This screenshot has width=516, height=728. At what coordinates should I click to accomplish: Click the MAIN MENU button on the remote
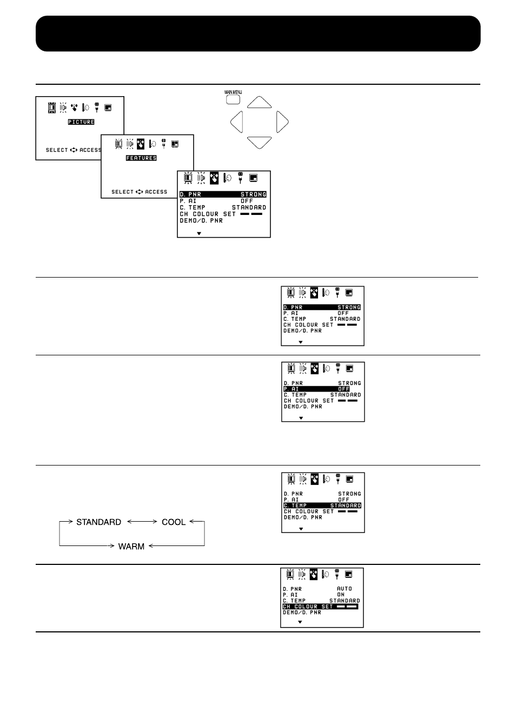233,99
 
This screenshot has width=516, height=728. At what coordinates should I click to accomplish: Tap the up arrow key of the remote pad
259,102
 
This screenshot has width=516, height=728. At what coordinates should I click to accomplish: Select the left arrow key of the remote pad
237,122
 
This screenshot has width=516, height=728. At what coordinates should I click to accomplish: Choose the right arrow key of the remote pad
282,122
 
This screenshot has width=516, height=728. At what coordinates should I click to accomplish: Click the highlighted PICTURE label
81,122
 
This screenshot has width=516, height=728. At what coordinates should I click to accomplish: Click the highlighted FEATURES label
141,158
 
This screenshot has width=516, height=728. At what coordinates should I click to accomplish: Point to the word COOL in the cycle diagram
174,522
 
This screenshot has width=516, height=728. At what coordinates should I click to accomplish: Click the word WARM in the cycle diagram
131,547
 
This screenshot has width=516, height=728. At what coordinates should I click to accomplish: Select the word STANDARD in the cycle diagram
98,522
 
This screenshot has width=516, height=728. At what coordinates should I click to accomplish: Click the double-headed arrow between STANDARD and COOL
142,522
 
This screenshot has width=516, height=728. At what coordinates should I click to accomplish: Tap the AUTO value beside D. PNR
344,589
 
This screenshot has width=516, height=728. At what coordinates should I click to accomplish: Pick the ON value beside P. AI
341,595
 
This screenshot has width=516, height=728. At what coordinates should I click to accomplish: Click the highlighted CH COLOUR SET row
320,606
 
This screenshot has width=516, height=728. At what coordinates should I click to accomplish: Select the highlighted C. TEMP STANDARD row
322,505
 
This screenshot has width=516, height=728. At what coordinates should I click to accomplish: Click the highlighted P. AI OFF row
316,389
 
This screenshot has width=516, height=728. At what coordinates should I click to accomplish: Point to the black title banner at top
258,33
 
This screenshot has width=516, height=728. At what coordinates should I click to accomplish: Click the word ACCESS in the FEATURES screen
156,192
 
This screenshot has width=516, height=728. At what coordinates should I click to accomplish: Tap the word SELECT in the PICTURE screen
57,150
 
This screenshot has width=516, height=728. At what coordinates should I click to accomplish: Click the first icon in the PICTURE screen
52,107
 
